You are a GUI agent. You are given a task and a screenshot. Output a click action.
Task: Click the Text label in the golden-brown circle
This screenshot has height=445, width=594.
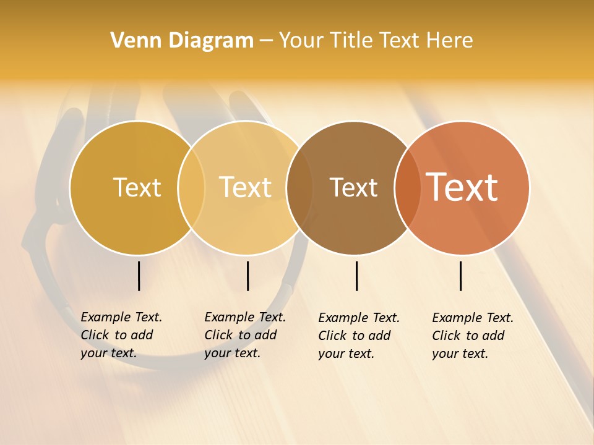tap(137, 187)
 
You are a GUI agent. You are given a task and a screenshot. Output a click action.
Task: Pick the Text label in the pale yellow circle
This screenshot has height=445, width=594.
tap(246, 187)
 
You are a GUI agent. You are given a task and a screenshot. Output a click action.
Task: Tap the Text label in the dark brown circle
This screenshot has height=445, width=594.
tap(353, 187)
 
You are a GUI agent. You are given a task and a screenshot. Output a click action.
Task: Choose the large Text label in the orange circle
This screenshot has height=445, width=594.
tap(462, 187)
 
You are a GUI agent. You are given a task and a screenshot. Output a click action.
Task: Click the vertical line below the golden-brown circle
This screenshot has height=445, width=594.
tap(139, 276)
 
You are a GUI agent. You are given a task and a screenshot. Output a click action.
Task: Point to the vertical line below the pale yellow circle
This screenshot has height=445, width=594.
tap(247, 276)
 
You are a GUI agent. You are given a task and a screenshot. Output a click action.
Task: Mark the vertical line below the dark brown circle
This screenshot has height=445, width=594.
tap(356, 276)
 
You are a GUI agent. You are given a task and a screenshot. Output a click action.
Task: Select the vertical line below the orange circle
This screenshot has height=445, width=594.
tap(460, 276)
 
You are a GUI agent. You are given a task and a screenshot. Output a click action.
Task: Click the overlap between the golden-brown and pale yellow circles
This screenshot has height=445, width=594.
tap(191, 188)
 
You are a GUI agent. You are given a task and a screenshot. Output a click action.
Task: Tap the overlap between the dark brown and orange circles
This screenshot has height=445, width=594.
tap(407, 188)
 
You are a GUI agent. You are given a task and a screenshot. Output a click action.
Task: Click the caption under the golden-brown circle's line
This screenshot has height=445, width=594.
tap(121, 335)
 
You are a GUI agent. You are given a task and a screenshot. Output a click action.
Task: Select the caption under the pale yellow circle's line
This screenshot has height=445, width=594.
tap(245, 335)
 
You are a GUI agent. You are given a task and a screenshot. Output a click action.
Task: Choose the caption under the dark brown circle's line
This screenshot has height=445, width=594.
tap(359, 336)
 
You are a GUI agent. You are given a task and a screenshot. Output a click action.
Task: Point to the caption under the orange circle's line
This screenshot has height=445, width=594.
tap(473, 336)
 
